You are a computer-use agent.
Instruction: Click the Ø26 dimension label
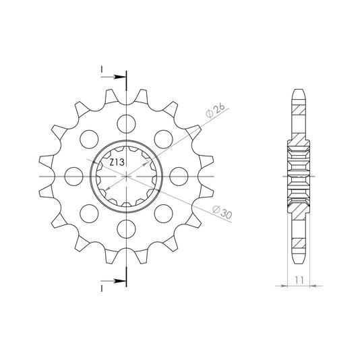216,111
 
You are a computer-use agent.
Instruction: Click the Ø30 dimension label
222,212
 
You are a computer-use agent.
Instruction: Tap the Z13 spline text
117,162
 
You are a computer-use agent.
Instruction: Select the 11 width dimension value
299,280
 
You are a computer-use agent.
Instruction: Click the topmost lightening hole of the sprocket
126,124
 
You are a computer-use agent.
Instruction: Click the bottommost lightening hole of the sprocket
126,229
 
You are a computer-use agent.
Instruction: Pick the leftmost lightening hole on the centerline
74,177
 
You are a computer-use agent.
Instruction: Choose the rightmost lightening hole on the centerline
179,177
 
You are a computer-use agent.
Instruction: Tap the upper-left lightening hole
89,140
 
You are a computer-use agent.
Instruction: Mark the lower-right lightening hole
163,214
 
